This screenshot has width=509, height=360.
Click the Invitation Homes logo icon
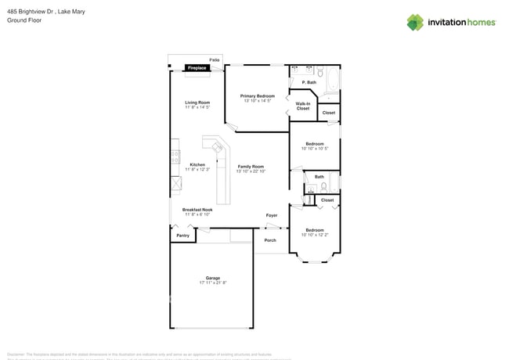tap(414, 22)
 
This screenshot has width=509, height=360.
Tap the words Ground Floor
tap(24, 20)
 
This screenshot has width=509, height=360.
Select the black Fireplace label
tap(197, 68)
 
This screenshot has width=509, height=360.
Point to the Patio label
tap(214, 59)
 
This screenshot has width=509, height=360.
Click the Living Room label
tap(197, 103)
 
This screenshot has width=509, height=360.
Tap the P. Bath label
tap(309, 82)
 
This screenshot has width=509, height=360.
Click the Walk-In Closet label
tap(302, 106)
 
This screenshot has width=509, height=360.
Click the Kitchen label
tap(197, 164)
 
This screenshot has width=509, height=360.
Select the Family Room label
tap(251, 167)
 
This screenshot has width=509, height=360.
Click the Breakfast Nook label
tap(197, 210)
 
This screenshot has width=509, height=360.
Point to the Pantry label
tap(182, 235)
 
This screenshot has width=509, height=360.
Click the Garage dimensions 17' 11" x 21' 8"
tap(212, 283)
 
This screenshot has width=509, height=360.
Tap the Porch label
tap(269, 240)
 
